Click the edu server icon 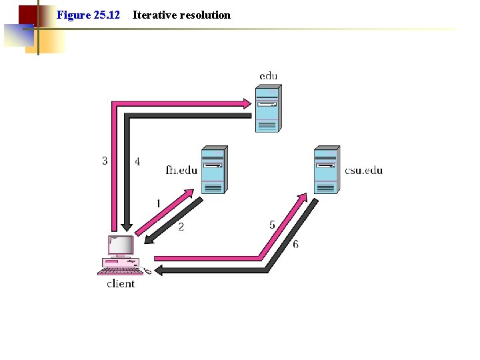tap(267, 108)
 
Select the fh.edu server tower tap(213, 170)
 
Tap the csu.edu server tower tap(326, 170)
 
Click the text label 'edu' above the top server tap(269, 76)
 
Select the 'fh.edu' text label tap(181, 170)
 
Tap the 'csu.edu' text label tap(364, 170)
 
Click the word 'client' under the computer tap(121, 284)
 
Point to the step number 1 tap(158, 203)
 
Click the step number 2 tap(181, 227)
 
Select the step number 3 tap(105, 161)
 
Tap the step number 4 tap(137, 161)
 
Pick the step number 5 tap(272, 225)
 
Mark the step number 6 tap(295, 244)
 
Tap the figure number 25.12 tap(106, 15)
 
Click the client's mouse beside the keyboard tap(147, 271)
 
